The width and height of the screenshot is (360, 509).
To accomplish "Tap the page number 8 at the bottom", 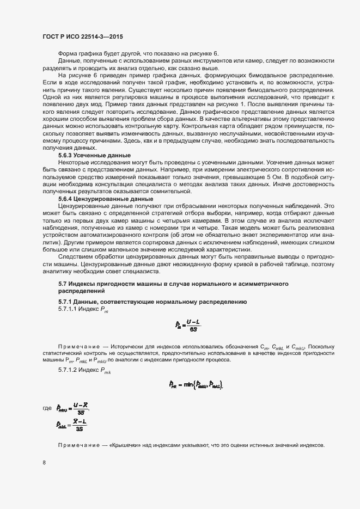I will (x=44, y=463).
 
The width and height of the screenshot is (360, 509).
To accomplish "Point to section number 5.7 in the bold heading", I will (x=62, y=284).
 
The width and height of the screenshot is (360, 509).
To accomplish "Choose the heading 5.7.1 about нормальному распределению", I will (x=152, y=301).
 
